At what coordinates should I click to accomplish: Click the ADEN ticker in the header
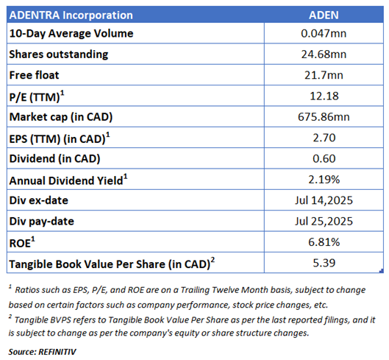pos(324,15)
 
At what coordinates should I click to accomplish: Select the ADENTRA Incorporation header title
pos(71,15)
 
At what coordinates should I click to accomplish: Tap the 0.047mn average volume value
pos(324,33)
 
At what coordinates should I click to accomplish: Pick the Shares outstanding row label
pos(59,54)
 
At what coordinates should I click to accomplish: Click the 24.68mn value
pos(324,54)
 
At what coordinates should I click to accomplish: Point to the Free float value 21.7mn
pos(324,75)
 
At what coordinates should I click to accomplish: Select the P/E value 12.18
pos(324,96)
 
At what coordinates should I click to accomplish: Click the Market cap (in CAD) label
pos(61,117)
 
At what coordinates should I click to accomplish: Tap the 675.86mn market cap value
pos(324,117)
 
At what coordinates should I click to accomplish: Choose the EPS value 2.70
pos(324,138)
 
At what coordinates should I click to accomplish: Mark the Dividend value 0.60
pos(324,158)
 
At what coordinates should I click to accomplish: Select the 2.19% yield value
pos(324,180)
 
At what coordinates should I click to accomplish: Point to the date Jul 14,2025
pos(324,200)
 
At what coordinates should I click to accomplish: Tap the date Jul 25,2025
pos(324,221)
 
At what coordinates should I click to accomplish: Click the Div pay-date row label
pos(41,222)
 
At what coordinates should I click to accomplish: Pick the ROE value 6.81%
pos(324,242)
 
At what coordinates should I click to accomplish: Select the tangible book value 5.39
pos(324,263)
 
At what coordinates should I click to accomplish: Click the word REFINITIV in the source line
pos(57,352)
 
